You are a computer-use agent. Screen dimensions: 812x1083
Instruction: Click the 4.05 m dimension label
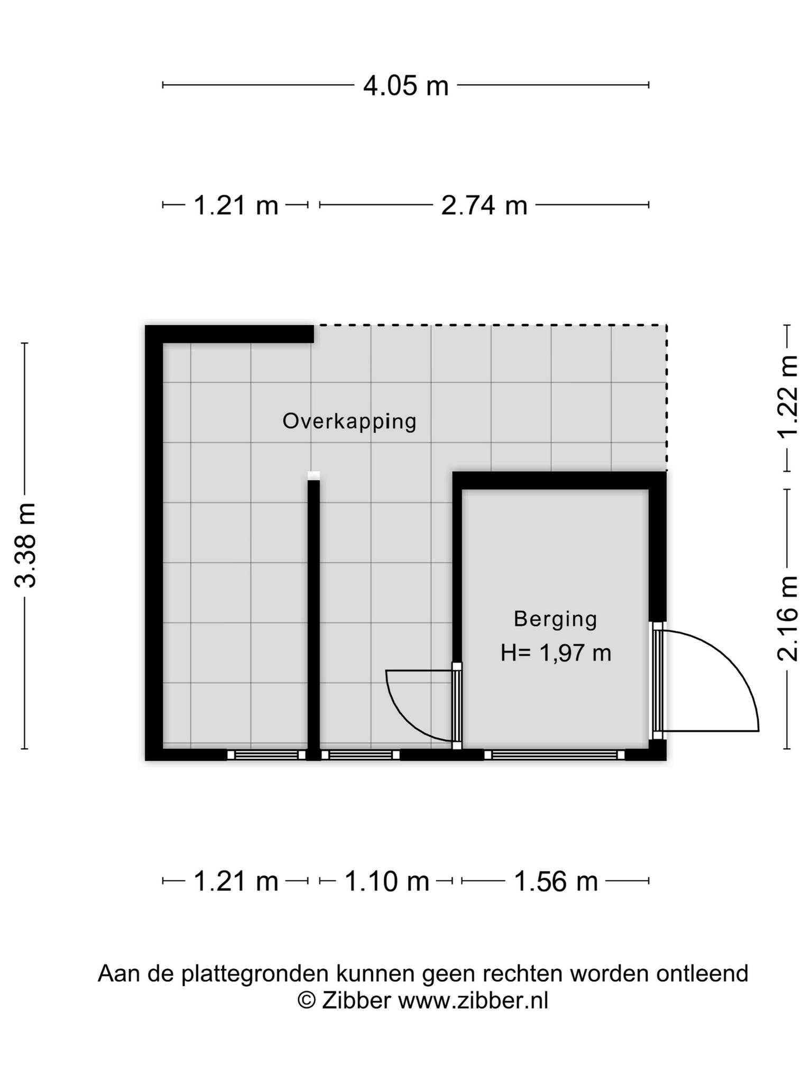(405, 86)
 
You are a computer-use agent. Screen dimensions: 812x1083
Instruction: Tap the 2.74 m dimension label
(484, 205)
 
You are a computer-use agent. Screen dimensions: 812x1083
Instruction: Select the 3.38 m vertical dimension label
(25, 545)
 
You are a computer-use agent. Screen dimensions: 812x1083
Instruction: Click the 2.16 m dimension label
(787, 618)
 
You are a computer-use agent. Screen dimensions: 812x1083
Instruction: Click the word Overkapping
(349, 422)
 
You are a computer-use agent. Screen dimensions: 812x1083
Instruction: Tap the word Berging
(556, 619)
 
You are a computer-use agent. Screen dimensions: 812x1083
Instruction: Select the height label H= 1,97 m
(556, 653)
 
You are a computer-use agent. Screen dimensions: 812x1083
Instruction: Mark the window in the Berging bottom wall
(554, 755)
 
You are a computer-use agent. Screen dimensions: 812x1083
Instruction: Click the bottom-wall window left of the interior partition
(266, 755)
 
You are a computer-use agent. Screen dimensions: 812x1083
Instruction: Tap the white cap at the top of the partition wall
(313, 475)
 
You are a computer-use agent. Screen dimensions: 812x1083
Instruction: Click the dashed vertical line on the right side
(666, 398)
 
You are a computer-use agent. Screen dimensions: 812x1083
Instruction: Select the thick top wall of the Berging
(559, 481)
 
